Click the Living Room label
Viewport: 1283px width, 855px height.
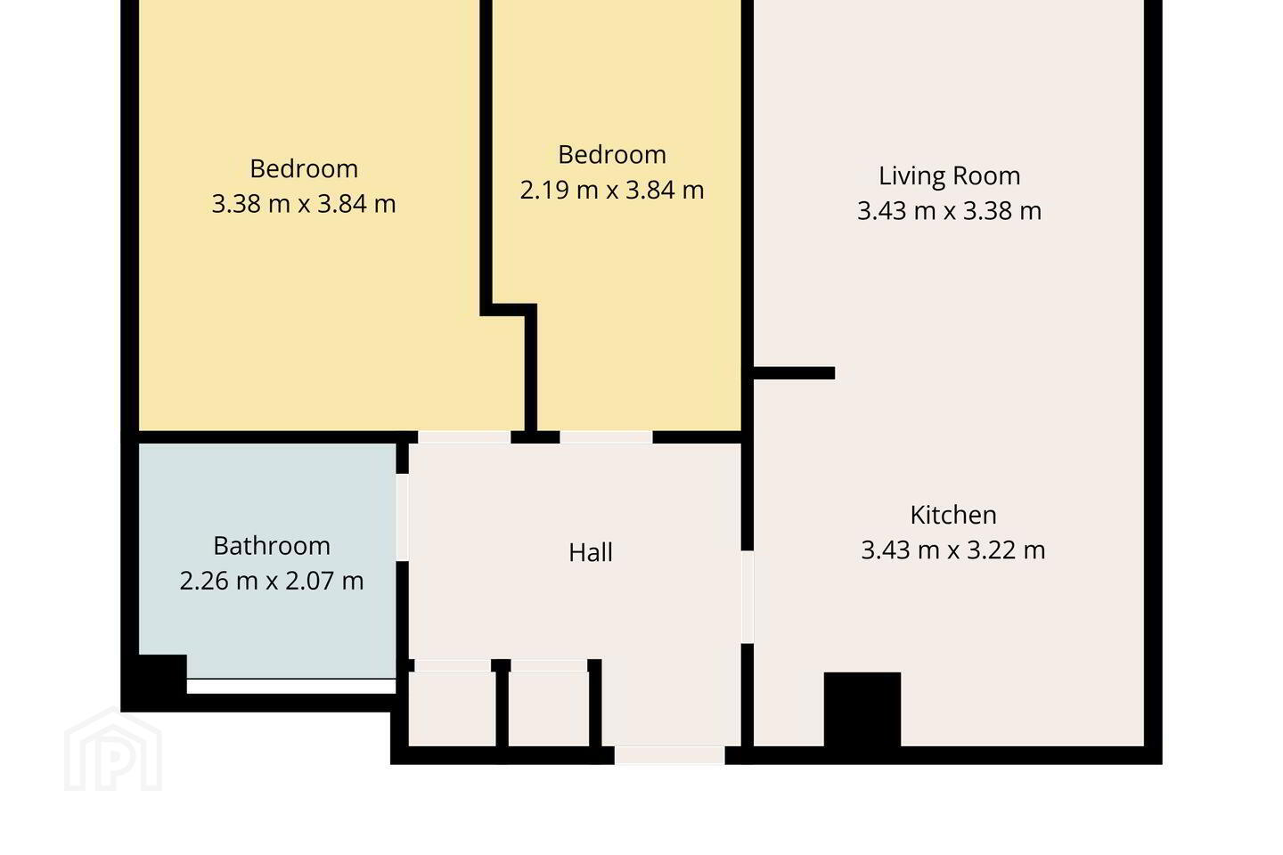click(x=949, y=175)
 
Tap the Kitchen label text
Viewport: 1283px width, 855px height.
click(x=953, y=515)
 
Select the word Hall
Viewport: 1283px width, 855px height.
click(x=591, y=552)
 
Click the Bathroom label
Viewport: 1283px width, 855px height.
click(x=272, y=546)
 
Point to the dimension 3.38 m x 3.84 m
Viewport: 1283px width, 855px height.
click(x=304, y=204)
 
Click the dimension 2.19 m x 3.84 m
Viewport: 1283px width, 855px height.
click(x=612, y=190)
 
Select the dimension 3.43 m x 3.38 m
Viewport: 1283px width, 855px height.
click(x=949, y=211)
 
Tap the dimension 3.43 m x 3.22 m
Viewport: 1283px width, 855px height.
click(x=953, y=550)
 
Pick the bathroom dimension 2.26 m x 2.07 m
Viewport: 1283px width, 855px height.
click(x=272, y=581)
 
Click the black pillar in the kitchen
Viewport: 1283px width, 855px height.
click(x=862, y=710)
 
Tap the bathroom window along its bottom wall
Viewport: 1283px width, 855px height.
click(x=291, y=686)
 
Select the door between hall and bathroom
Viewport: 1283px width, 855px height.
click(x=402, y=517)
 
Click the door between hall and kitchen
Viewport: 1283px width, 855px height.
click(x=748, y=597)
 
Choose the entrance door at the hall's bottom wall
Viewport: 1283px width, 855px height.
click(x=670, y=755)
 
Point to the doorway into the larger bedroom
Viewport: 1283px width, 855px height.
click(x=464, y=437)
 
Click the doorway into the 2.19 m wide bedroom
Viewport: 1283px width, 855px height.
click(x=606, y=437)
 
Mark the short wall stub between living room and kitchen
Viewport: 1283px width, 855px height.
click(x=794, y=373)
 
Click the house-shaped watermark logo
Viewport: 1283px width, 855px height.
click(x=113, y=749)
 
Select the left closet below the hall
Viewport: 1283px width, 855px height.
click(x=452, y=708)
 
